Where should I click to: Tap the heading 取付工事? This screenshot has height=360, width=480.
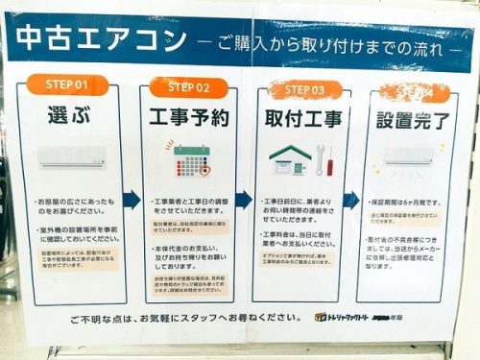point(303,121)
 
